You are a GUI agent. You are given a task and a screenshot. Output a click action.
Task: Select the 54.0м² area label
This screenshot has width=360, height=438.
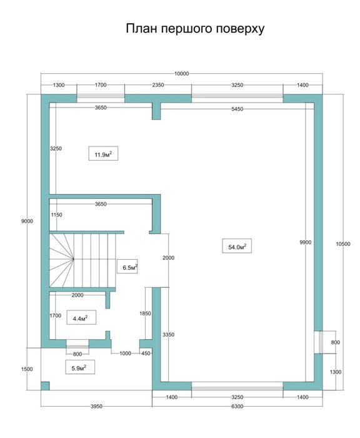pos(235,247)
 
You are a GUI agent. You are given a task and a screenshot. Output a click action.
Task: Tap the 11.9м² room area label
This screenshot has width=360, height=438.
pos(103,153)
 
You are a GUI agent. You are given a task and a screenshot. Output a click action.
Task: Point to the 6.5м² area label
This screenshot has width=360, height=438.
pos(129,268)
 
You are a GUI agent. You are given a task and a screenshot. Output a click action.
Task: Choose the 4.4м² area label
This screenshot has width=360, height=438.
pos(80,318)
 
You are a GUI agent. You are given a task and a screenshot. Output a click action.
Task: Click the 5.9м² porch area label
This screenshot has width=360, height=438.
pos(79,367)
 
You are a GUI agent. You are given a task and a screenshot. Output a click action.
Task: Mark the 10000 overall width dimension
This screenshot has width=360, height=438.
pos(182,74)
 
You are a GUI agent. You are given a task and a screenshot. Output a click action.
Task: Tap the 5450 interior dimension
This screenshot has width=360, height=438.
pos(237,109)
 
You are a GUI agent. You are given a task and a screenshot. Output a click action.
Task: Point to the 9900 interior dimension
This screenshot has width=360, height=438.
pos(305,242)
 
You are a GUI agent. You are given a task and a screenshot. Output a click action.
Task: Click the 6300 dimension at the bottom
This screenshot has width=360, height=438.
pos(237,406)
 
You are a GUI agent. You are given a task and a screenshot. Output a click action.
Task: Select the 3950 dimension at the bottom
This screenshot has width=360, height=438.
pos(96,406)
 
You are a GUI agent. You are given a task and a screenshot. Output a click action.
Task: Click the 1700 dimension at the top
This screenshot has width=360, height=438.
pos(101,84)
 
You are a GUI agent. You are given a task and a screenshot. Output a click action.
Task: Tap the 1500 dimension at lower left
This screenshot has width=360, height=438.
pos(26,369)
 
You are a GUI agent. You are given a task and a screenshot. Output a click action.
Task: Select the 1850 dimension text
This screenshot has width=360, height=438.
pos(144,313)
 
